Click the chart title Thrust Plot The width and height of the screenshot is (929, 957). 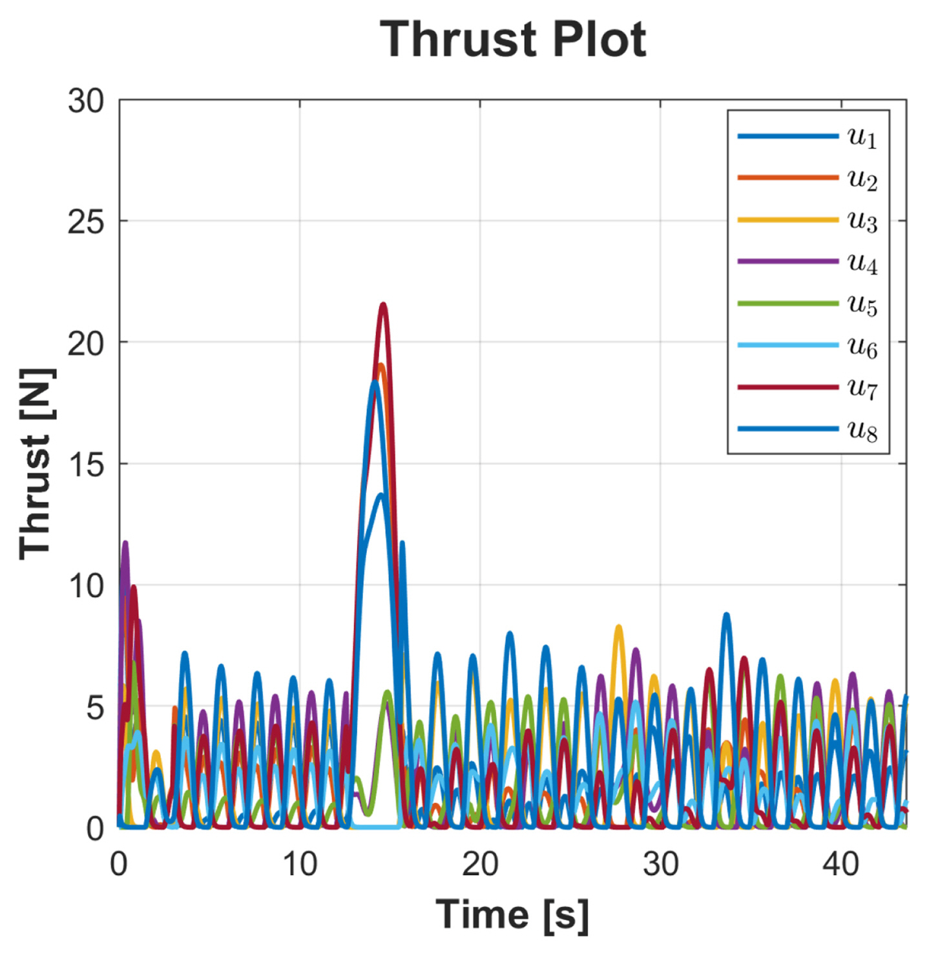(x=512, y=40)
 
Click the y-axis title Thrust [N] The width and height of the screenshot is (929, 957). (x=36, y=463)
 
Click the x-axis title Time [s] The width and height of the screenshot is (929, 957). (x=512, y=914)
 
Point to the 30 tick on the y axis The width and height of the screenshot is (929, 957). (x=86, y=101)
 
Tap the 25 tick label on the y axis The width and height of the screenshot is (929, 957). (x=86, y=222)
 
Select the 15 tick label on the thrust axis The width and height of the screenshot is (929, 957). (x=86, y=465)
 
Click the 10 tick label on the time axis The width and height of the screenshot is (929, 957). (x=300, y=864)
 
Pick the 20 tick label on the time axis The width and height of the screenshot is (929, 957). (x=480, y=864)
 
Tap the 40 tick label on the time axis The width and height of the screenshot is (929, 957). (x=840, y=864)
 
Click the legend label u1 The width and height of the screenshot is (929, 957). (x=862, y=138)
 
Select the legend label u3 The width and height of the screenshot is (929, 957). (x=862, y=222)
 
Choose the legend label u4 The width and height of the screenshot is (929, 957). (x=862, y=263)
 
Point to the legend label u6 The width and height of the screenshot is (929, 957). (x=862, y=347)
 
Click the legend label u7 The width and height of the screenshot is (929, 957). (x=862, y=388)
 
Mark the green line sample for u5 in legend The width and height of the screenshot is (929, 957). (x=788, y=304)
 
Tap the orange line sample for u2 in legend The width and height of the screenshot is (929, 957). (x=788, y=178)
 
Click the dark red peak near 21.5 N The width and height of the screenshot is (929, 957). (x=383, y=304)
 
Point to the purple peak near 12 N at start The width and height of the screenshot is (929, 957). (x=125, y=543)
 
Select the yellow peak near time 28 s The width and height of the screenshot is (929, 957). (x=619, y=627)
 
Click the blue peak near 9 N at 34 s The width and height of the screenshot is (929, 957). (x=727, y=615)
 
